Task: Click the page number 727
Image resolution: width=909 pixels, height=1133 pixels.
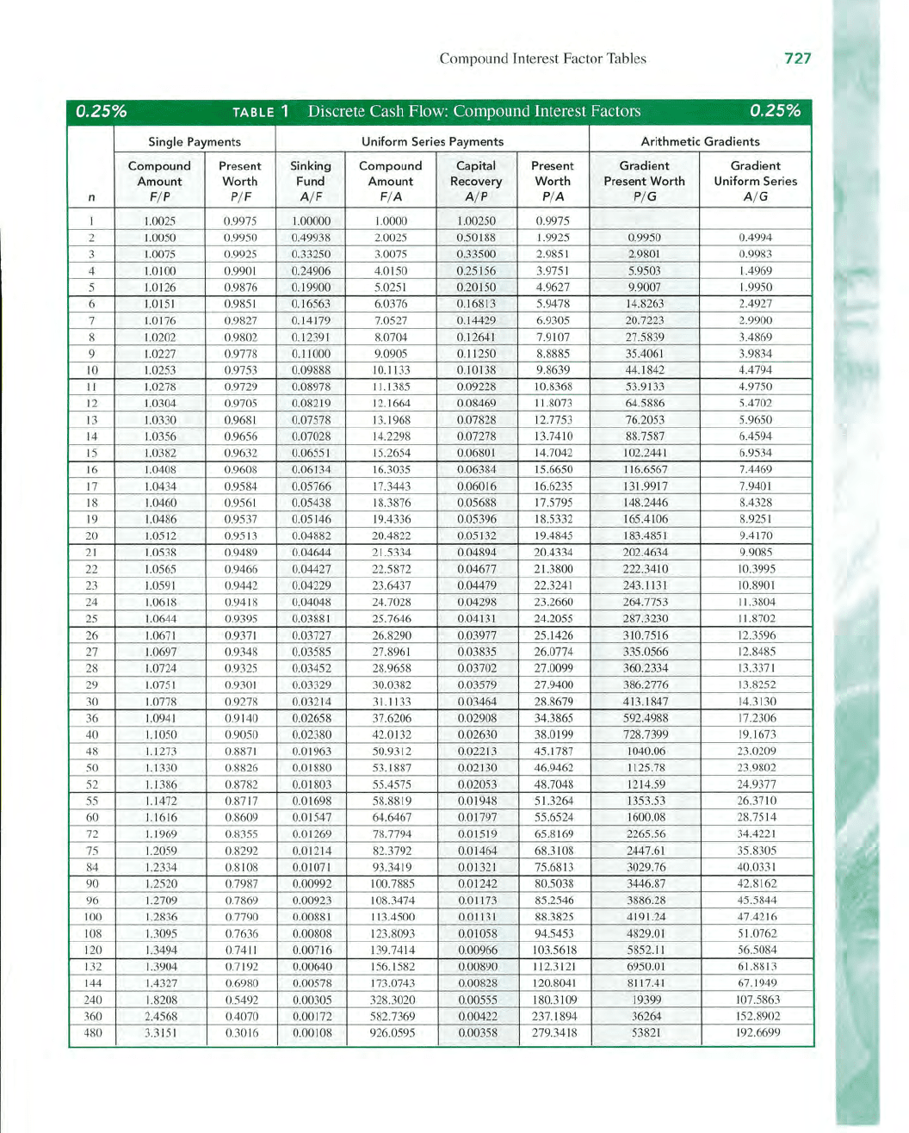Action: point(797,59)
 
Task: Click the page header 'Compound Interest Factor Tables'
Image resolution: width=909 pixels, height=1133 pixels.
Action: point(542,59)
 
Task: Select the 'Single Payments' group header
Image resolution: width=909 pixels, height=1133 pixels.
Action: point(195,141)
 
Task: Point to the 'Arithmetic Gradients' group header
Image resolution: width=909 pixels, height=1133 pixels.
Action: point(700,141)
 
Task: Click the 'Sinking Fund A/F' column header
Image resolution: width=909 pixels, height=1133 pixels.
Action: point(311,181)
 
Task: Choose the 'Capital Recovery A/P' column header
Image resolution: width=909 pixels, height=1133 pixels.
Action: point(476,181)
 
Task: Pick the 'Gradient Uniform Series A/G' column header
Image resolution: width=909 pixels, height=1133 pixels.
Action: point(755,181)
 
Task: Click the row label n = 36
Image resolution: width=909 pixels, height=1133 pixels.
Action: point(92,718)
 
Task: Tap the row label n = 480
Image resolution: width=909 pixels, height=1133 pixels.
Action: point(92,1032)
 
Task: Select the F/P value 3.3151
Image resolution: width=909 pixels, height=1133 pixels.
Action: point(160,1032)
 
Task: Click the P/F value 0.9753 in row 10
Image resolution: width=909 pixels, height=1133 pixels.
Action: point(240,370)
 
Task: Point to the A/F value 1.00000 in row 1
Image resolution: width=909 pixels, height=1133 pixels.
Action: point(311,221)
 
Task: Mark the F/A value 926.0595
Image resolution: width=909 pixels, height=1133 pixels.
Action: point(391,1032)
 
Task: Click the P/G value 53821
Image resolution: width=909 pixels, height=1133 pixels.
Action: point(646,1032)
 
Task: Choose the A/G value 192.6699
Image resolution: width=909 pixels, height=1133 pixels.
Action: point(757,1032)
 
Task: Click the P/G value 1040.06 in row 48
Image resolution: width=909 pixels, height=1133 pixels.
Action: point(646,751)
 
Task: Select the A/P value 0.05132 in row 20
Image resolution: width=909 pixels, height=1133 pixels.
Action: point(476,536)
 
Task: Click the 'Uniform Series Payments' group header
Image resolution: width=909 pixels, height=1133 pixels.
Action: point(432,141)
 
